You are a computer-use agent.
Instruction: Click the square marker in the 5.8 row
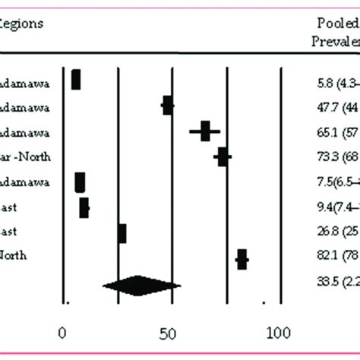[x=75, y=80]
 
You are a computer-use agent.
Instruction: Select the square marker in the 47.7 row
[x=168, y=106]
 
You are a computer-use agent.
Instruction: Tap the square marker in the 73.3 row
[x=223, y=156]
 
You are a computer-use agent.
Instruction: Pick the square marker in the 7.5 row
[x=80, y=182]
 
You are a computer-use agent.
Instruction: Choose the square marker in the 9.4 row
[x=84, y=207]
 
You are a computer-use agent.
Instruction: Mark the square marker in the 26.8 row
[x=122, y=233]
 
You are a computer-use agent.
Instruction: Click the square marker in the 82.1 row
[x=242, y=260]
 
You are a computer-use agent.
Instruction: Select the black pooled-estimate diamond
[x=141, y=286]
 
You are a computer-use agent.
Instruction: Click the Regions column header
[x=21, y=23]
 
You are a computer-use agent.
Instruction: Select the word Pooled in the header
[x=336, y=24]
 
